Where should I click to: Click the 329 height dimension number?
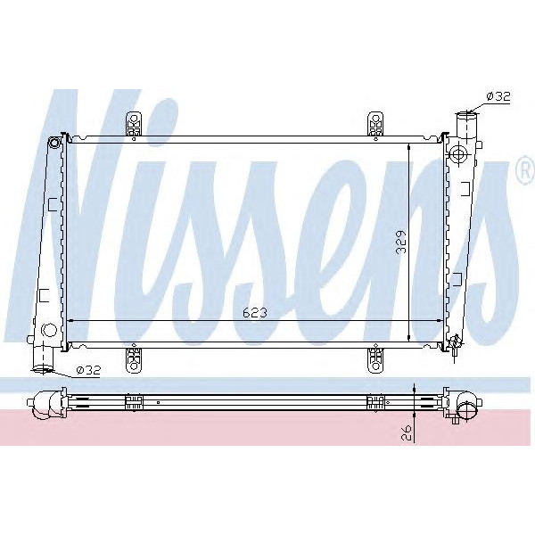pos(402,242)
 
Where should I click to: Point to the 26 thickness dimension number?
pos(408,432)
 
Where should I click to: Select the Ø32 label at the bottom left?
pos(88,369)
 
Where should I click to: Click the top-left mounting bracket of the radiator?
pos(135,124)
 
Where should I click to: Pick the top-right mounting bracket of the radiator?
pos(375,124)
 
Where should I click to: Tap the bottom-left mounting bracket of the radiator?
pos(135,358)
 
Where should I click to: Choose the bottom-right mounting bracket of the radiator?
pos(375,358)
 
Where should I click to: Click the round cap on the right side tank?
pos(458,153)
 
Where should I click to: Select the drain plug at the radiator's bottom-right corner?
pos(455,342)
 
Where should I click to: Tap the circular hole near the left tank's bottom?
pos(49,330)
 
